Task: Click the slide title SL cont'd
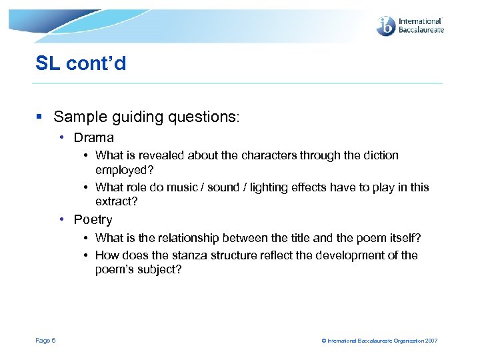pyautogui.click(x=81, y=64)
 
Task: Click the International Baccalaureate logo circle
pyautogui.click(x=386, y=26)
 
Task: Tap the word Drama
pyautogui.click(x=94, y=138)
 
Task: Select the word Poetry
pyautogui.click(x=93, y=220)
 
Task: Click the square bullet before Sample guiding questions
pyautogui.click(x=41, y=117)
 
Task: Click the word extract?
pyautogui.click(x=117, y=201)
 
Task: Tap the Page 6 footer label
pyautogui.click(x=45, y=341)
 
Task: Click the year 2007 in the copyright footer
pyautogui.click(x=431, y=341)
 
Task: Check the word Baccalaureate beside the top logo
pyautogui.click(x=421, y=30)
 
